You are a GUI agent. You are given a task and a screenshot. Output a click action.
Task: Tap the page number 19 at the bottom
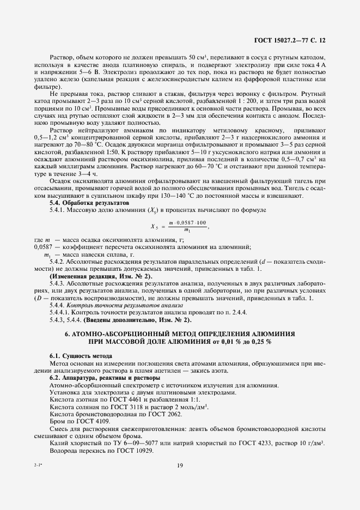coord(180,465)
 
